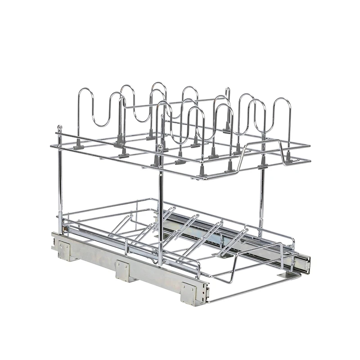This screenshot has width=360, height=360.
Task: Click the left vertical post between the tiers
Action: pos(60,180)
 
